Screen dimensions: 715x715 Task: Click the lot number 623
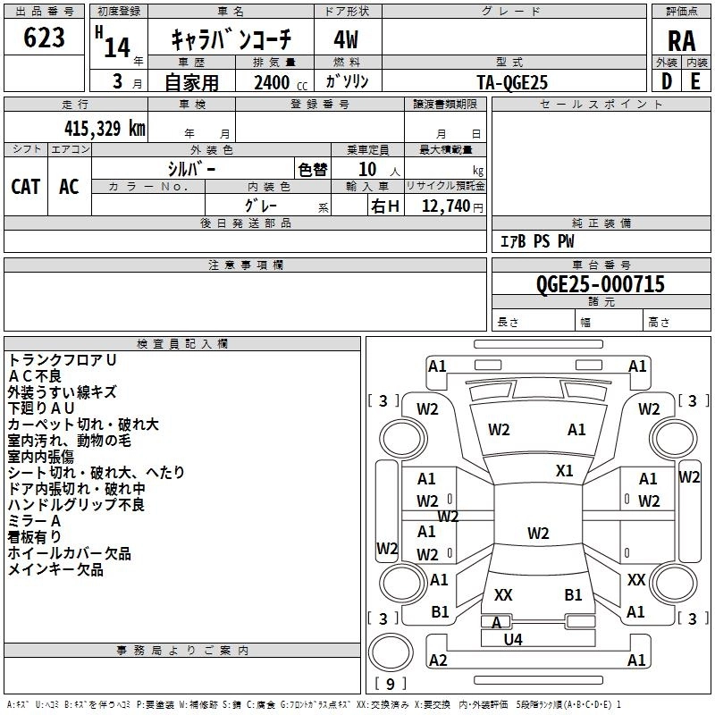coord(44,38)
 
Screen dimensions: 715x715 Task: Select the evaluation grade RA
coord(681,41)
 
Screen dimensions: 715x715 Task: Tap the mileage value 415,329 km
coord(105,129)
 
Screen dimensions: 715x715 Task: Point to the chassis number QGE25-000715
coord(600,284)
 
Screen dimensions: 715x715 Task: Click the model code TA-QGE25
coord(512,82)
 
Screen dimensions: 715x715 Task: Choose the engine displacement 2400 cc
coord(281,82)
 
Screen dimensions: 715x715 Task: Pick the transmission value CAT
coord(26,187)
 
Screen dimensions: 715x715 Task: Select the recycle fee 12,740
coord(446,206)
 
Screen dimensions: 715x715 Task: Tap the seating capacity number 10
coord(367,170)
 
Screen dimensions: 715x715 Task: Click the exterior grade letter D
coord(667,81)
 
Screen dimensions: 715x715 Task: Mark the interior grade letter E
coord(695,81)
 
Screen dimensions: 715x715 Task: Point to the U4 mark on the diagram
coord(513,640)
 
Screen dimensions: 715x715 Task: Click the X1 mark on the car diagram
coord(564,471)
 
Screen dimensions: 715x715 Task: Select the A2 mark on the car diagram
coord(438,660)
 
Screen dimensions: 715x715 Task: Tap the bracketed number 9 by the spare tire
coord(391,684)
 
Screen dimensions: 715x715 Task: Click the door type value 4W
coord(346,40)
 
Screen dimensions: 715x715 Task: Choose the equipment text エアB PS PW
coord(537,241)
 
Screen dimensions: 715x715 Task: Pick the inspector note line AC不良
coord(35,376)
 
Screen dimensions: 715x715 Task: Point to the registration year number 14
coord(117,47)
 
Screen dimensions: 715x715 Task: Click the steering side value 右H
coord(385,206)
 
